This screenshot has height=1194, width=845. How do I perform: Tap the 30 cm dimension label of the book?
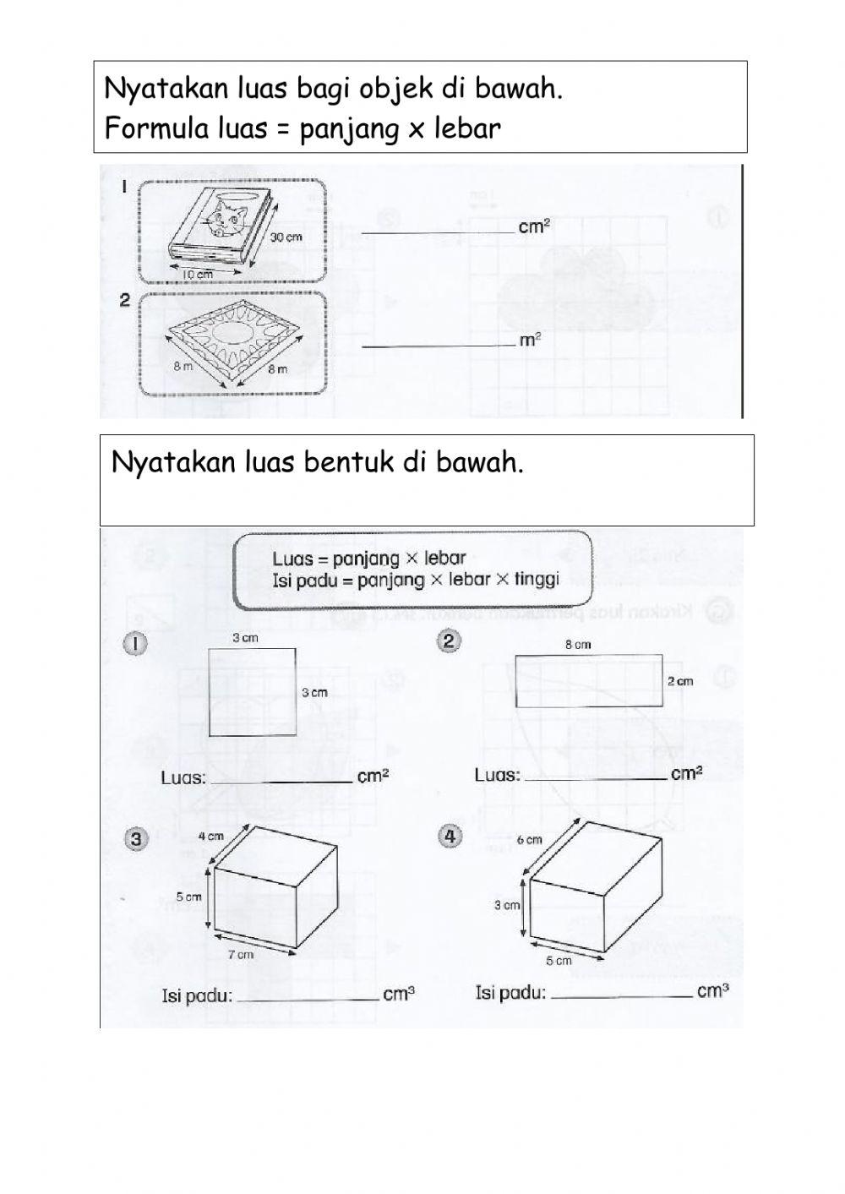(x=286, y=237)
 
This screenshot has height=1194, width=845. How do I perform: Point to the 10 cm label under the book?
(x=198, y=275)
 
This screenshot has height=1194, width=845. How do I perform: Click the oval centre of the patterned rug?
(x=231, y=333)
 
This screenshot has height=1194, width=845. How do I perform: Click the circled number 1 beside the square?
(x=135, y=644)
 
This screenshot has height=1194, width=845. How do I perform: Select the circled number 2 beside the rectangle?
(x=449, y=641)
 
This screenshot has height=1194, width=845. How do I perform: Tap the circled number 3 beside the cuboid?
(x=135, y=838)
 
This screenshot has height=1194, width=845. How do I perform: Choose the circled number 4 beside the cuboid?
(x=450, y=836)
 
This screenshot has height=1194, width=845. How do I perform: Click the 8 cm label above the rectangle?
(x=578, y=644)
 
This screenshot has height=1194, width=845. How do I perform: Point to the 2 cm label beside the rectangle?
(x=679, y=681)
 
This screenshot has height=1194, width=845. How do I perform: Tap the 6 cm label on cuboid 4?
(x=529, y=840)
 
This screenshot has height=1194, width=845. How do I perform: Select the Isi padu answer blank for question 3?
(x=308, y=997)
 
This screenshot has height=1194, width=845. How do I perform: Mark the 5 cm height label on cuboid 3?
(x=188, y=897)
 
